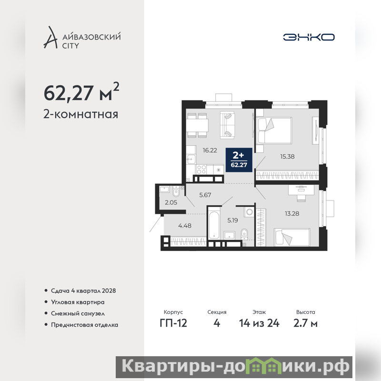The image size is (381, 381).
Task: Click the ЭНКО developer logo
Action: click(x=309, y=37)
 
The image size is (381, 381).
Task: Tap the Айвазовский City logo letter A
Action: click(x=50, y=37)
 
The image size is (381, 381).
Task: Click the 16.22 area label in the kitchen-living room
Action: click(x=210, y=150)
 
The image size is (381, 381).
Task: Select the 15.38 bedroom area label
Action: click(x=288, y=157)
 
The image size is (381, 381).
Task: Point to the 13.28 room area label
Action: click(x=292, y=213)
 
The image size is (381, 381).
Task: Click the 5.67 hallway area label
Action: click(x=205, y=195)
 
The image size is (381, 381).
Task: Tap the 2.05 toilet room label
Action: click(x=171, y=202)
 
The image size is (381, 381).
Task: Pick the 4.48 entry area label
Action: click(x=185, y=226)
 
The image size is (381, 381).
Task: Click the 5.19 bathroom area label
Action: click(x=233, y=221)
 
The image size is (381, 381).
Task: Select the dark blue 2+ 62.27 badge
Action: click(x=239, y=160)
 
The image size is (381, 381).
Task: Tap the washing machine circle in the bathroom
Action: click(x=249, y=211)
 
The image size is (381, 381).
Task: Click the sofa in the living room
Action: click(x=228, y=125)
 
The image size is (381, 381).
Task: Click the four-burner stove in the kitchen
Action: click(x=201, y=170)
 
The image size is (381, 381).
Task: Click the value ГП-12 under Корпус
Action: click(x=173, y=323)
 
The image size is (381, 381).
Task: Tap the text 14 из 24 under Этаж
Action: click(x=259, y=323)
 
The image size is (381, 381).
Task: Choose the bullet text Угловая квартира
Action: click(x=78, y=302)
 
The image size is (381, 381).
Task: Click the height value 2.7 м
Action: click(x=305, y=323)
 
